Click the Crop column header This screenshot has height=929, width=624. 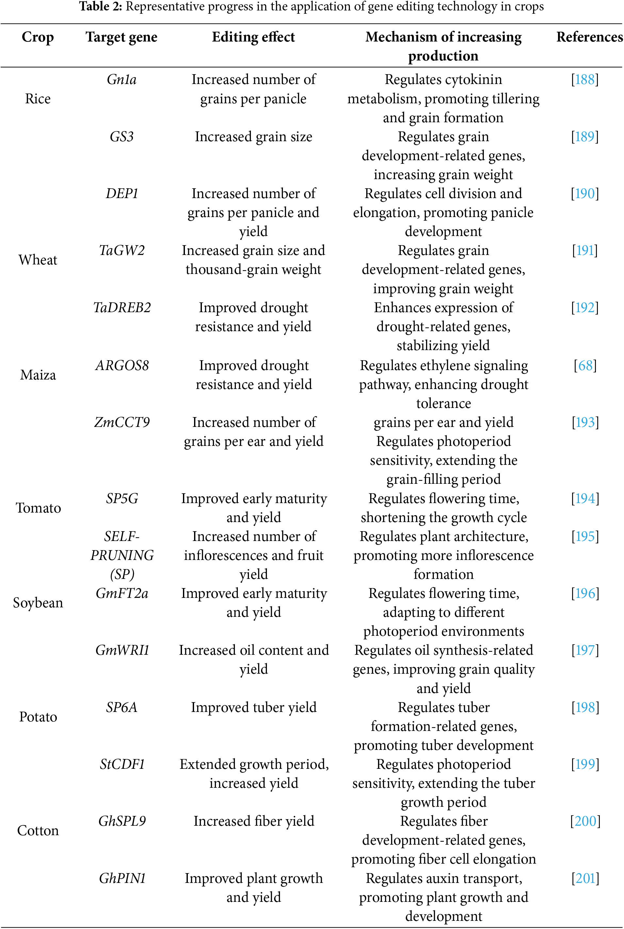point(38,37)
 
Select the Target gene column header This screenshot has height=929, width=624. point(122,37)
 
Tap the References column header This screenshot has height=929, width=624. point(589,37)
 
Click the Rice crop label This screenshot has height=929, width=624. point(38,99)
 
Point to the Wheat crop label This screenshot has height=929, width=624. point(38,260)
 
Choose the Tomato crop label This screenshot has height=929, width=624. point(38,508)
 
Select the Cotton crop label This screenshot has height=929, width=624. point(38,831)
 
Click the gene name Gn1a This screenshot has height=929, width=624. point(122,80)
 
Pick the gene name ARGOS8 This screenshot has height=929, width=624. point(122,365)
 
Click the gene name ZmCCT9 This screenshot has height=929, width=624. point(122,422)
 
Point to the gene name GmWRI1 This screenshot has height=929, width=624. point(122,650)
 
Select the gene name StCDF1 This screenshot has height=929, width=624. point(122,764)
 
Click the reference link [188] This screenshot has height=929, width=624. point(584,80)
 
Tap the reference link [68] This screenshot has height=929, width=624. point(585,365)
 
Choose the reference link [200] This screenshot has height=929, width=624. point(585,821)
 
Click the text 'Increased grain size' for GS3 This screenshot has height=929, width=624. point(254,137)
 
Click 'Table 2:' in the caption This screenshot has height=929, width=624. point(100,7)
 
